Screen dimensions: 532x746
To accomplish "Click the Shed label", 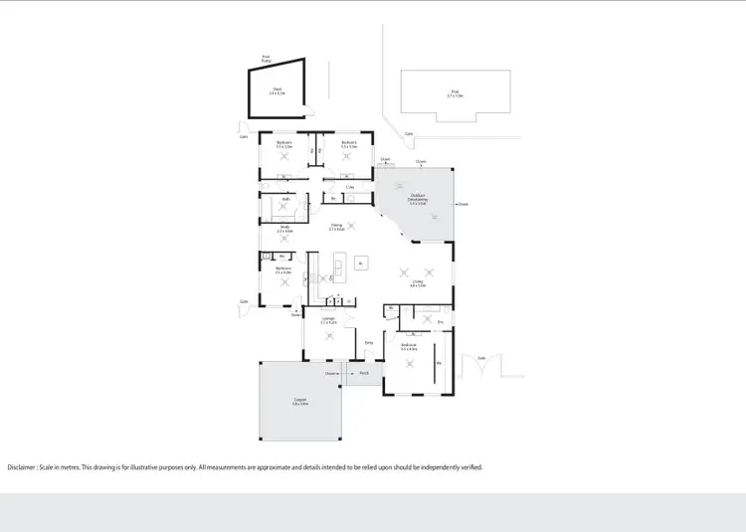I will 278,89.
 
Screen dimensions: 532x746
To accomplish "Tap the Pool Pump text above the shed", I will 267,59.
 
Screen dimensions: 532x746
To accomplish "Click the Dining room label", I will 336,227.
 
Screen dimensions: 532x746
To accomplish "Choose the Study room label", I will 283,229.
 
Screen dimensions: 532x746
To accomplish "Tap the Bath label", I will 285,199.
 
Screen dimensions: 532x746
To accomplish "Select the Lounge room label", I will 328,321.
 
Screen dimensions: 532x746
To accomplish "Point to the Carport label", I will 299,402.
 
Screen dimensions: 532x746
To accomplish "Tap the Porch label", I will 364,374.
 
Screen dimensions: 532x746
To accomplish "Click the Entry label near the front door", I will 368,343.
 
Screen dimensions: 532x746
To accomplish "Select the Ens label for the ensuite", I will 440,322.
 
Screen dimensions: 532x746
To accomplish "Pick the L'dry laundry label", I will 350,186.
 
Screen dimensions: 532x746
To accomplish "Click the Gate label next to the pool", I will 409,133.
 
